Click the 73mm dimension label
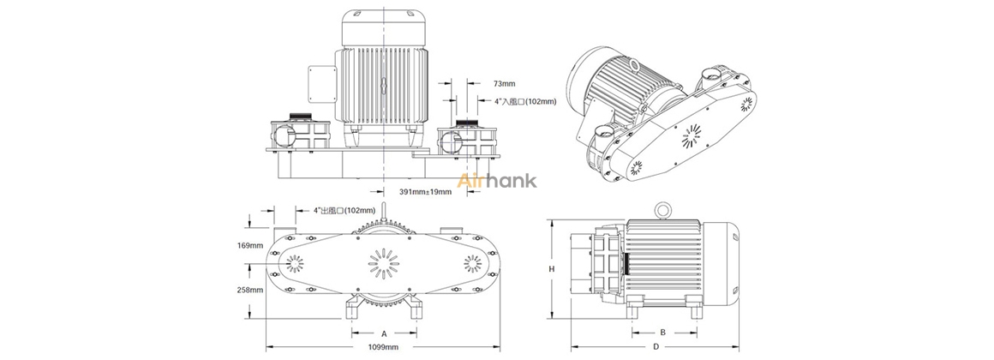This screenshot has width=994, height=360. point(505,84)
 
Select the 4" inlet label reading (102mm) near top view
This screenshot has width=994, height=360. point(525,101)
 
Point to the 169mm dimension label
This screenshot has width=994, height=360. point(249,245)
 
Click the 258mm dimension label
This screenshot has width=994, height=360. point(249,290)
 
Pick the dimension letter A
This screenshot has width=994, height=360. point(383,332)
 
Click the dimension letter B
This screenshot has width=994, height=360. point(662,332)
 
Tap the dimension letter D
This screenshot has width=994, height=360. point(655,346)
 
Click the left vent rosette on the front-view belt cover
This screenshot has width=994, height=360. point(293,262)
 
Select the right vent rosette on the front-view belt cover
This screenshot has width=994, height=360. point(472,262)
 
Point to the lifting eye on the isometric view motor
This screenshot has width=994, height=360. point(634,64)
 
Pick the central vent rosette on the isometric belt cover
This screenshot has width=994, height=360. point(692,135)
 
